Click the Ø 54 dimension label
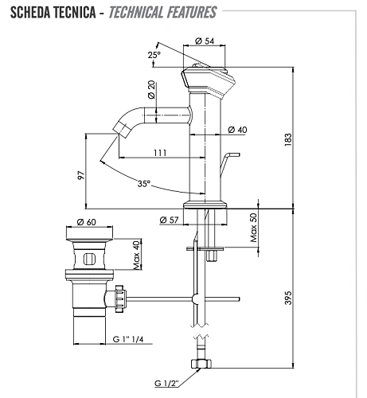click(x=205, y=41)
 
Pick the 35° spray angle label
click(x=144, y=183)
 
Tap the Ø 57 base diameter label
click(x=168, y=220)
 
